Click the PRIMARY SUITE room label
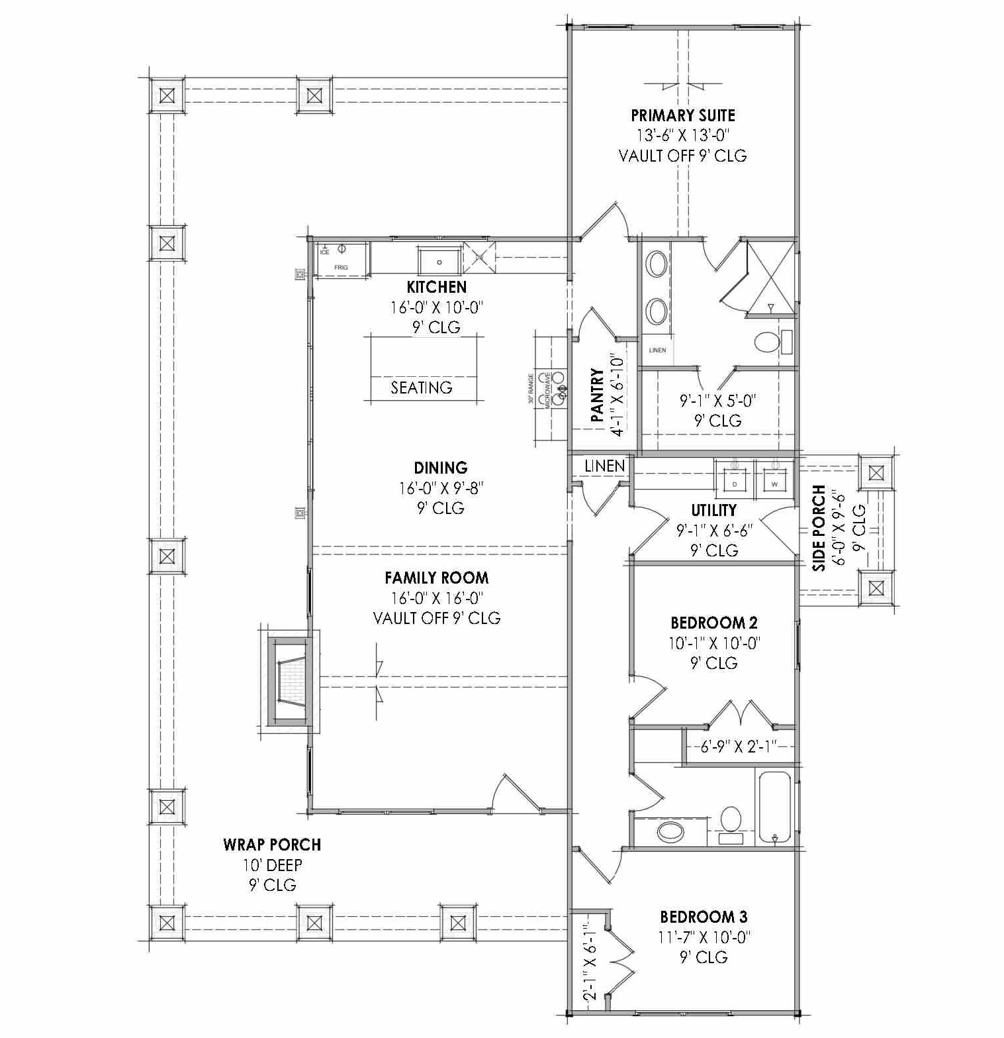pyautogui.click(x=682, y=115)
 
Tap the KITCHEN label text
pyautogui.click(x=436, y=287)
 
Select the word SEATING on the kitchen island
pyautogui.click(x=422, y=388)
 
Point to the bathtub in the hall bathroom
pyautogui.click(x=774, y=807)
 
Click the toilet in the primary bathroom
pyautogui.click(x=768, y=342)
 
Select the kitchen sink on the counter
pyautogui.click(x=439, y=261)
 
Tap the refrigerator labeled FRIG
pyautogui.click(x=341, y=259)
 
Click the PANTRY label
pyautogui.click(x=597, y=395)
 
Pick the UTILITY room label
pyautogui.click(x=713, y=510)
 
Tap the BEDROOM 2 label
pyautogui.click(x=713, y=623)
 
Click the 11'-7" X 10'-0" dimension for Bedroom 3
pyautogui.click(x=703, y=937)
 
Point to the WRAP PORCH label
pyautogui.click(x=272, y=845)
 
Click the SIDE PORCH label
pyautogui.click(x=819, y=528)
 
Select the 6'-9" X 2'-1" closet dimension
pyautogui.click(x=738, y=747)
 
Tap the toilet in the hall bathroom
pyautogui.click(x=731, y=821)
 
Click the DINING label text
pyautogui.click(x=441, y=468)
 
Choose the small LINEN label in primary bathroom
pyautogui.click(x=657, y=350)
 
